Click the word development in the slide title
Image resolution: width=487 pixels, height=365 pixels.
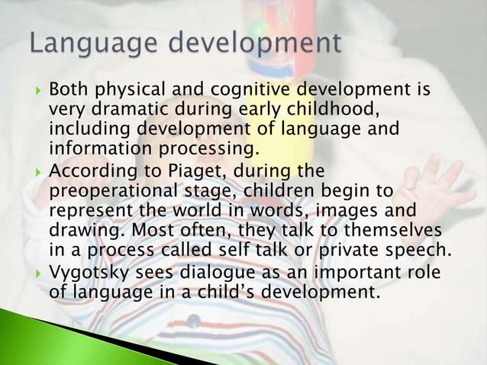point(257,44)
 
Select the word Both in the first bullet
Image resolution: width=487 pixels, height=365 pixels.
point(67,93)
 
